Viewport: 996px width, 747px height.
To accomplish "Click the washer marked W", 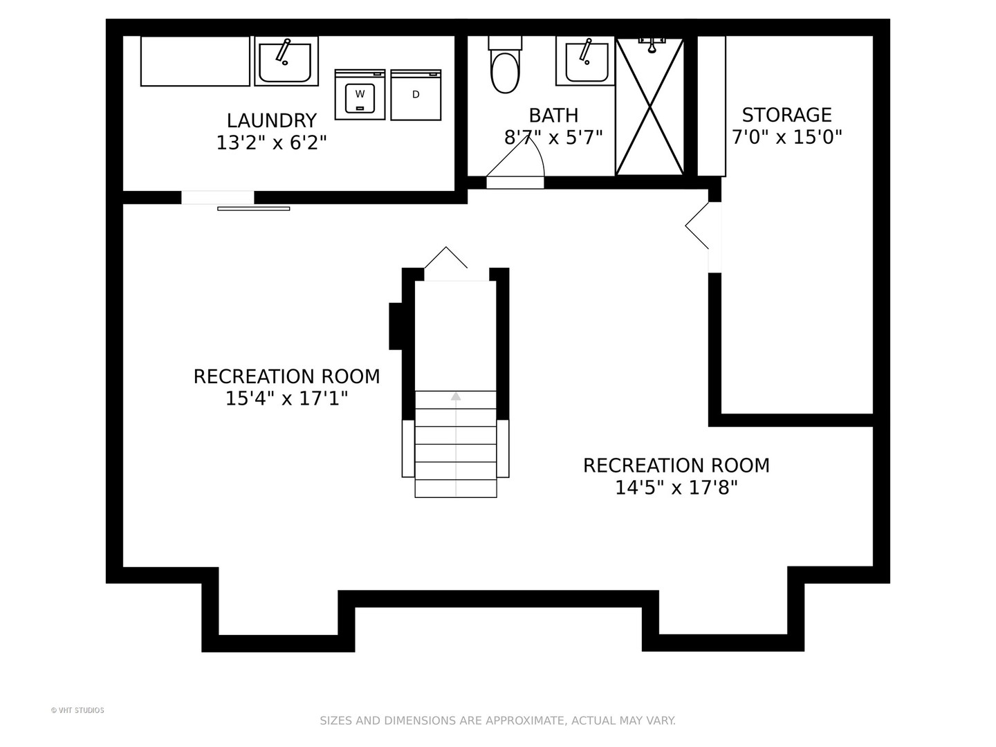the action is pos(360,94).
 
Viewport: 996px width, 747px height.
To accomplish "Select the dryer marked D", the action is pos(416,95).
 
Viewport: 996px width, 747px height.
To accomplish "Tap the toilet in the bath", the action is pos(505,65).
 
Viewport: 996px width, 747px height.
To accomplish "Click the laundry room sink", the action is pos(286,62).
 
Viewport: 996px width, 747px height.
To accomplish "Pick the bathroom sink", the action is pos(586,62).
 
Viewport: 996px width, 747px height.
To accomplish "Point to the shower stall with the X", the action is pos(649,107).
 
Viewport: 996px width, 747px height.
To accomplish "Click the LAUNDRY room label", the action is pos(271,120).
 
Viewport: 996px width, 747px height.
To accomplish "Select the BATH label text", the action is pos(553,116).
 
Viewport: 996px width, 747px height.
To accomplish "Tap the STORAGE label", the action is pos(787,116).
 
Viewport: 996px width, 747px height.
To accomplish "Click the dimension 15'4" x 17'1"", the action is pos(287,398).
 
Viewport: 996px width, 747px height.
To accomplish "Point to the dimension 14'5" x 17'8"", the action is pos(676,488).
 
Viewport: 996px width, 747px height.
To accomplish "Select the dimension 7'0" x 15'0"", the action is pos(787,137).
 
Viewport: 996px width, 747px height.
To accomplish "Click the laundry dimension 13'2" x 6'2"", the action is pos(271,143).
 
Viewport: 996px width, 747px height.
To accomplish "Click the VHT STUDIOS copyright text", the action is pos(77,711).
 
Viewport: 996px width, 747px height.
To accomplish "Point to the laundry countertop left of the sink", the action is pos(195,62).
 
